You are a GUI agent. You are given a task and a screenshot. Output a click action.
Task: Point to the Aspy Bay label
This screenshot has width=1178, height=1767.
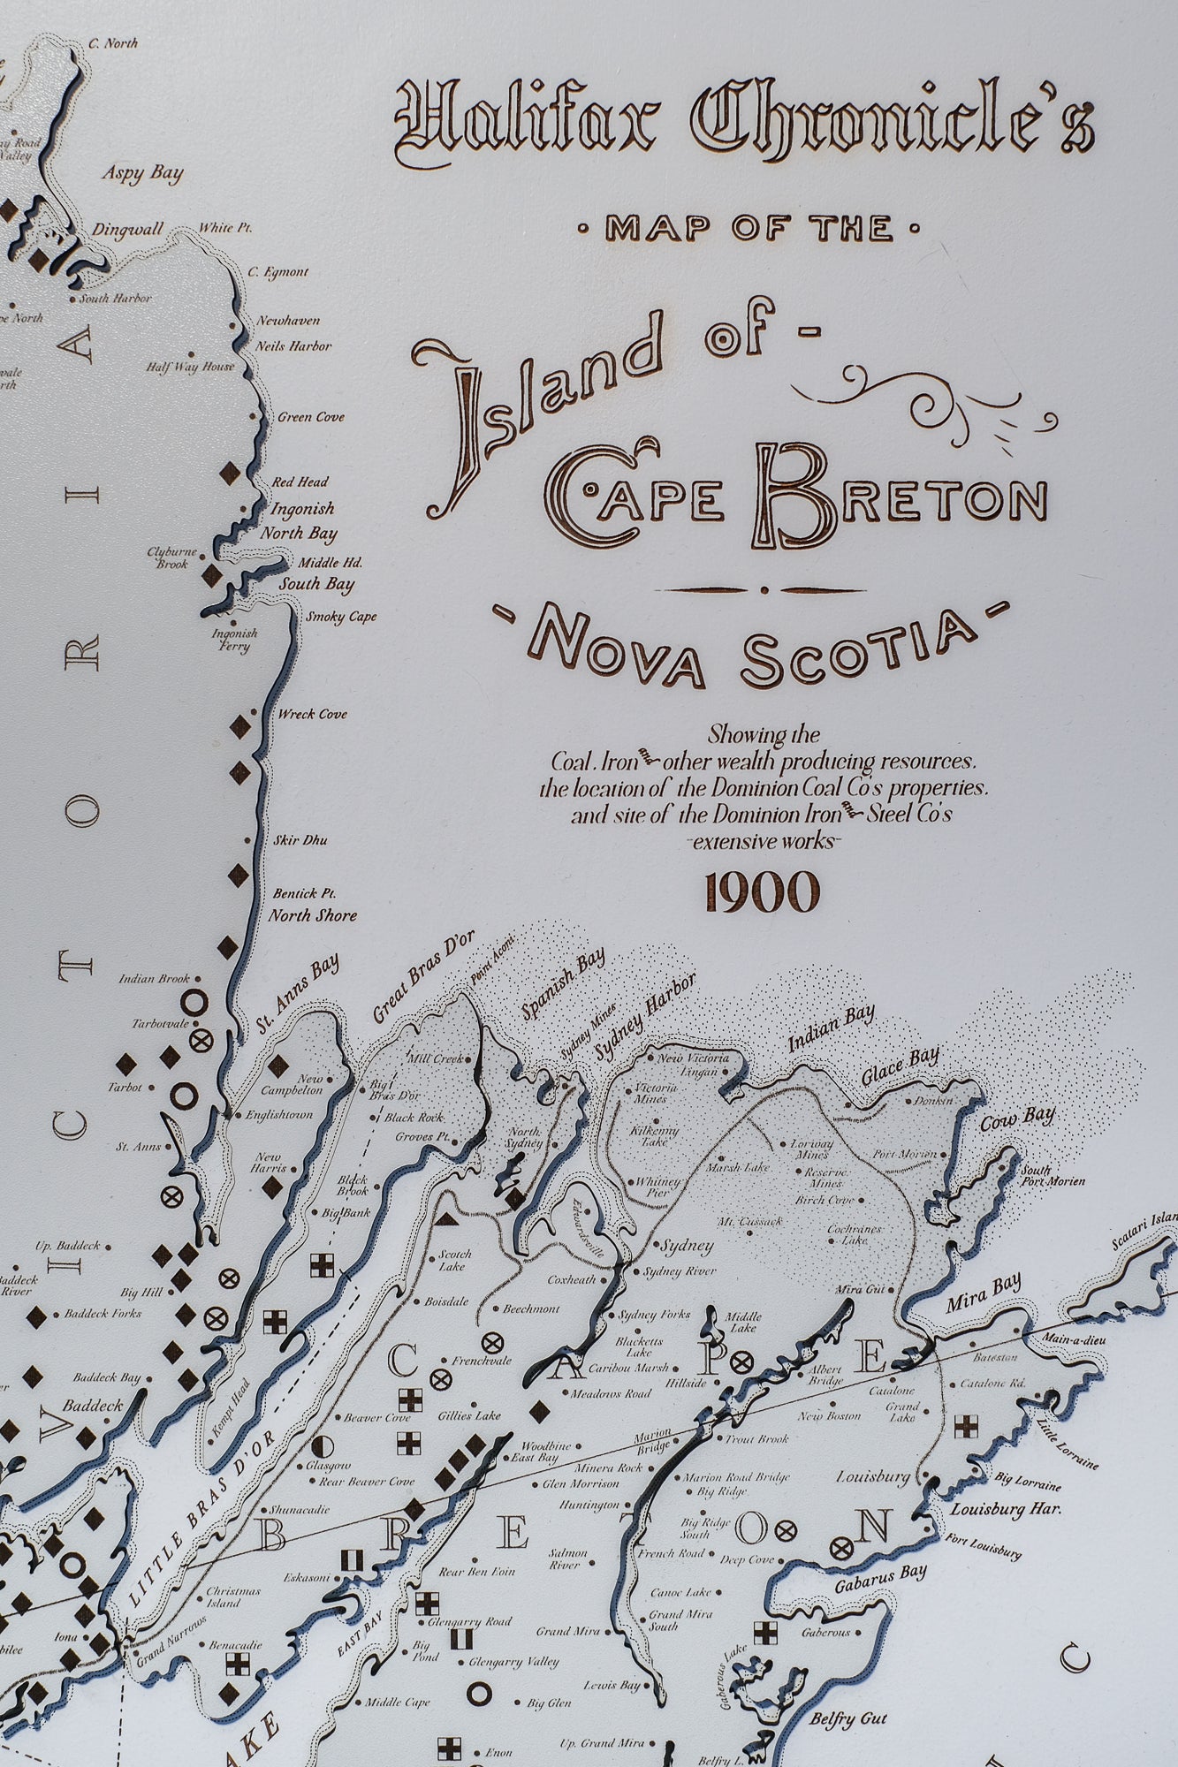(141, 172)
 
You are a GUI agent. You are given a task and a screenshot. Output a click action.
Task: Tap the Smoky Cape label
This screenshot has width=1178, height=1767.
(341, 617)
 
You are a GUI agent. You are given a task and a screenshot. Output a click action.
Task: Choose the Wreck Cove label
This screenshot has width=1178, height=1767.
(312, 714)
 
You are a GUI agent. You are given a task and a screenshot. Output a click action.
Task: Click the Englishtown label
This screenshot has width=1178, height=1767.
(279, 1115)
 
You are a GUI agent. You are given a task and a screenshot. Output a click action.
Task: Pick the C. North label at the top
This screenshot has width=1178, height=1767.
(113, 42)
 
